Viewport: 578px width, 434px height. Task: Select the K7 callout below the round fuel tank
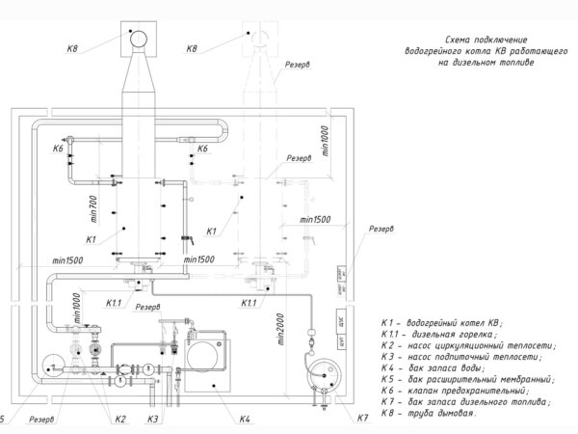click(362, 418)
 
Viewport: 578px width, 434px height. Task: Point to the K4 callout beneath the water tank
click(245, 419)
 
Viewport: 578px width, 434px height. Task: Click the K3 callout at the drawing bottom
click(152, 419)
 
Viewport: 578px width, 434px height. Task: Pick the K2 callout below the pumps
click(119, 419)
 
